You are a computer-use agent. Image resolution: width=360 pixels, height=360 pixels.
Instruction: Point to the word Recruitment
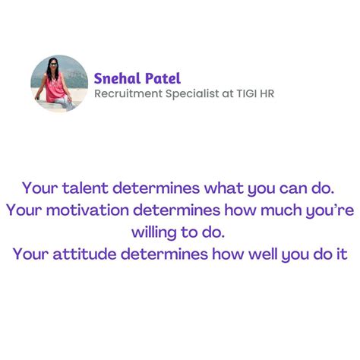click(126, 93)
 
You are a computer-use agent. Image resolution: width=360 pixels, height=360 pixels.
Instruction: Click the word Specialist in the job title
click(190, 93)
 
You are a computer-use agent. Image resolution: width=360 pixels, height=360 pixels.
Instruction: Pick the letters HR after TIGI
click(275, 93)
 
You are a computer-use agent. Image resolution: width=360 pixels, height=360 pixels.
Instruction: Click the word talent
click(84, 187)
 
